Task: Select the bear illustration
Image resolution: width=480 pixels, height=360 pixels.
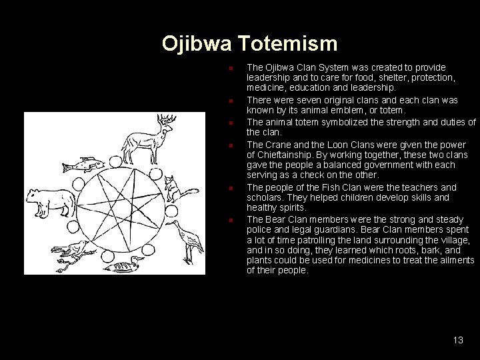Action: (48, 201)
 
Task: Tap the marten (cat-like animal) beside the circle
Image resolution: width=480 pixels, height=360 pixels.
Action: (173, 189)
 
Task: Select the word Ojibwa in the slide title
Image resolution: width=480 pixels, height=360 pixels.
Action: (193, 45)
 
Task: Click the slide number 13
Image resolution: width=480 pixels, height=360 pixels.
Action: (457, 340)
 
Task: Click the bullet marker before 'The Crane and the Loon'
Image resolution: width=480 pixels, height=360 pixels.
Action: (229, 145)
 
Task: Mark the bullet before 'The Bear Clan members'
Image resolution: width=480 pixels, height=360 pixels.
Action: (229, 219)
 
